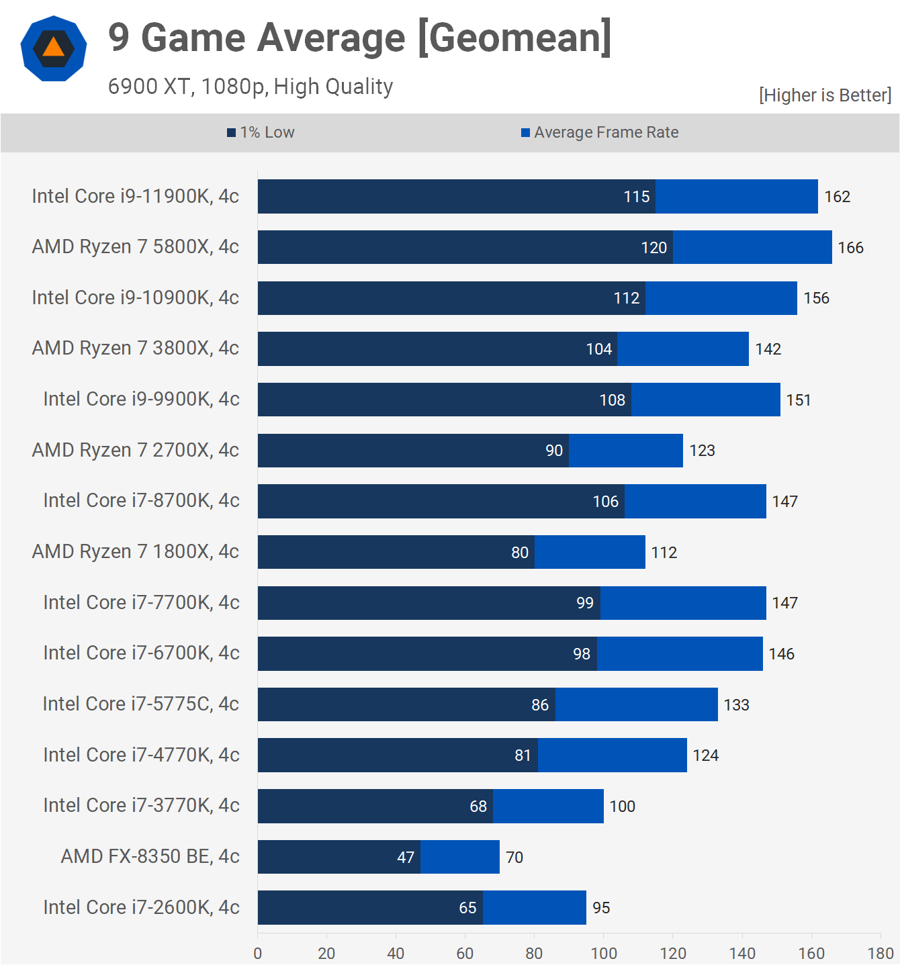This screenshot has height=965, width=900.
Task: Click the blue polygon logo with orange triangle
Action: click(x=54, y=48)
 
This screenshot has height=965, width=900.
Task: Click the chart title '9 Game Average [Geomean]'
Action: click(x=359, y=38)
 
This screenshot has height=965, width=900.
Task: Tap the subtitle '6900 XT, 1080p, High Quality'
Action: click(x=251, y=87)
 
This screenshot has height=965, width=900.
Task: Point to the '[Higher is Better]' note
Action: click(x=825, y=95)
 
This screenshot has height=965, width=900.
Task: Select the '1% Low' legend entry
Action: click(x=261, y=132)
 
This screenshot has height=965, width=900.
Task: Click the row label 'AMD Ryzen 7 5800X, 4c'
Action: click(x=136, y=246)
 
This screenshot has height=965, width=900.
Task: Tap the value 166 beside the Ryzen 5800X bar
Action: click(x=850, y=248)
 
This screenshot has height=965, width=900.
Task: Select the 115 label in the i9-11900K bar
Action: click(x=636, y=197)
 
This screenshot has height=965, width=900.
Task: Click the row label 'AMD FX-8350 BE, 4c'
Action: click(x=150, y=856)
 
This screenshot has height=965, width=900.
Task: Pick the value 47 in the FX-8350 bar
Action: click(x=406, y=858)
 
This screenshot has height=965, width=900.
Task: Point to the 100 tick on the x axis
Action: click(x=603, y=953)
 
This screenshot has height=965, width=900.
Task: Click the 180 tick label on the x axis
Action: click(x=880, y=953)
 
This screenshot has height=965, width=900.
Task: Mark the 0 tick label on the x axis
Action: click(x=258, y=953)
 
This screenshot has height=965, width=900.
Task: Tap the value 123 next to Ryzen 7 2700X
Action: click(x=702, y=451)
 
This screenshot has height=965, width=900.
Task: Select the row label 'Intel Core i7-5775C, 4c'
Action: click(x=141, y=704)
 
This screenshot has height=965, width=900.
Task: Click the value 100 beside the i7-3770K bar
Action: click(x=622, y=807)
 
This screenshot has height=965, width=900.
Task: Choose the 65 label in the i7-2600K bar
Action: click(x=467, y=908)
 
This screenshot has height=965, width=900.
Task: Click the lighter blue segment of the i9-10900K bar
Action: click(x=721, y=298)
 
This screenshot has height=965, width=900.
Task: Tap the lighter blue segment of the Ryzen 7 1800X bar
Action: click(x=590, y=552)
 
